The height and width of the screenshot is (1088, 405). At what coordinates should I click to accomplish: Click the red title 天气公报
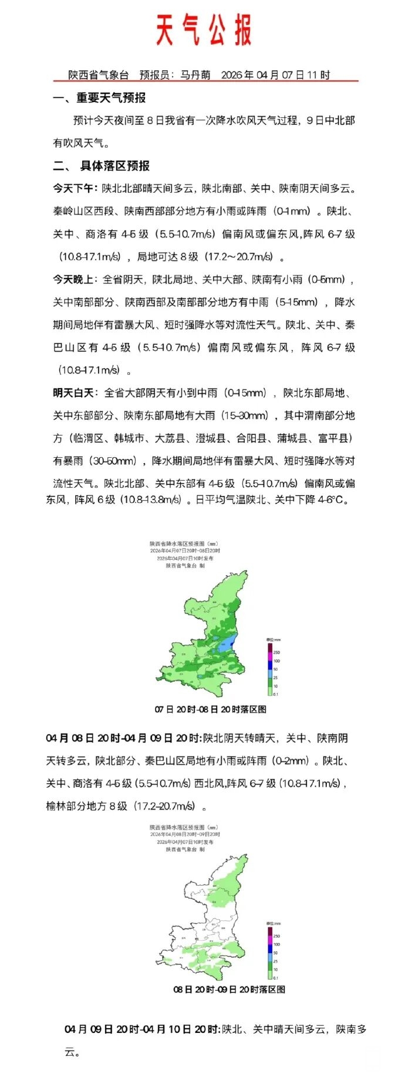click(203, 30)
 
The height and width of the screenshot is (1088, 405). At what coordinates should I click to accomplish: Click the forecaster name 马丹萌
click(195, 75)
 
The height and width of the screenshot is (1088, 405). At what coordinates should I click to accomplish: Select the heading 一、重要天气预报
click(99, 98)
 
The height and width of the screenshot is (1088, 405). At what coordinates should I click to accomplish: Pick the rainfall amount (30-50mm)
click(115, 461)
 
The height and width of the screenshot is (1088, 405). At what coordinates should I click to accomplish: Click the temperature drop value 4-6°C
click(330, 500)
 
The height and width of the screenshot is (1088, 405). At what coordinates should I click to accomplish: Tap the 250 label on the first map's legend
click(276, 652)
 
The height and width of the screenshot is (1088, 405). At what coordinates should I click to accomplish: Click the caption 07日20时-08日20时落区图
click(210, 709)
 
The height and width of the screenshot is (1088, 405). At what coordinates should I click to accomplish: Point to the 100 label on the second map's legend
click(276, 944)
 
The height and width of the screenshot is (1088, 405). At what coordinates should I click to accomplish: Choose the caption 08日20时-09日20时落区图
click(229, 990)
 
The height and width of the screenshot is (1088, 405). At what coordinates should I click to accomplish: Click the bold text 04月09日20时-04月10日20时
click(141, 1029)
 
